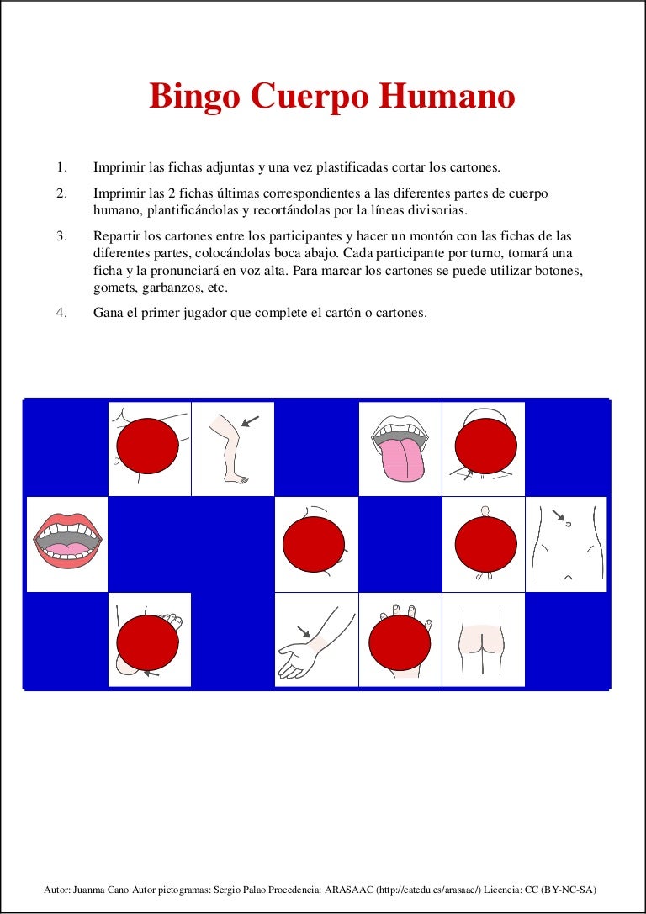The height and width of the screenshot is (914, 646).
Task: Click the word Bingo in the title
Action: [x=186, y=98]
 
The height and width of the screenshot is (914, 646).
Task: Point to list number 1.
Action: [x=61, y=167]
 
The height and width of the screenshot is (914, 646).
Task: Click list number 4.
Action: [x=61, y=313]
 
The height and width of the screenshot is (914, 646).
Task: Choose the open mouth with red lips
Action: [x=67, y=542]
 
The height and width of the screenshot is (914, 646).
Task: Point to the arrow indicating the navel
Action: [x=559, y=514]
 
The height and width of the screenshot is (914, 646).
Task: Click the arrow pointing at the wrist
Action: [x=304, y=631]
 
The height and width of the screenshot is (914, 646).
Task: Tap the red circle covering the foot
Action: [x=148, y=642]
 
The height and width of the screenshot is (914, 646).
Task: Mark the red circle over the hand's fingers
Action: [x=400, y=643]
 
